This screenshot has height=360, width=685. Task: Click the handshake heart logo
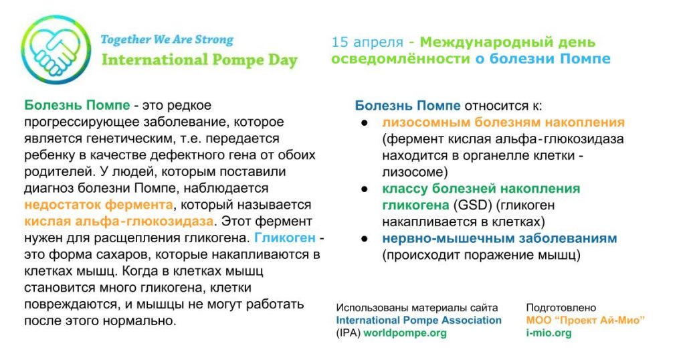click(x=56, y=50)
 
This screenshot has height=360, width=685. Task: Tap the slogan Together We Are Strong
click(x=167, y=39)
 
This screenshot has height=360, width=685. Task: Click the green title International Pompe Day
click(x=199, y=60)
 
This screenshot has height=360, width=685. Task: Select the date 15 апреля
click(x=367, y=42)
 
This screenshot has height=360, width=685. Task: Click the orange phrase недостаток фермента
click(x=99, y=205)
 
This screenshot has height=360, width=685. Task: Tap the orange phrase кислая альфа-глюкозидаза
click(x=119, y=221)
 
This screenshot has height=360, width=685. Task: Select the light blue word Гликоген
click(x=285, y=238)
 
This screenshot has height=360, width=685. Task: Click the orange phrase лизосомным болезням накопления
click(x=503, y=122)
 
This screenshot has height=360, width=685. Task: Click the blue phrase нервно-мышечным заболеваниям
click(x=499, y=238)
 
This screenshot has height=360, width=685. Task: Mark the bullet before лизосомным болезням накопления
click(x=365, y=122)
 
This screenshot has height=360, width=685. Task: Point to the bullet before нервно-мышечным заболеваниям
click(x=365, y=239)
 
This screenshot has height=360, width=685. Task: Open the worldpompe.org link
click(x=405, y=333)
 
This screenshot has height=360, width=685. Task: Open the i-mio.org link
click(x=549, y=333)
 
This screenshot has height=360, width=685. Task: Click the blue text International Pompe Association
click(x=419, y=321)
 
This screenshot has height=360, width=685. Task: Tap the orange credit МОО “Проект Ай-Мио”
click(x=585, y=321)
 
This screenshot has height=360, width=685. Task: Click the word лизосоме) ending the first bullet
click(x=415, y=172)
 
